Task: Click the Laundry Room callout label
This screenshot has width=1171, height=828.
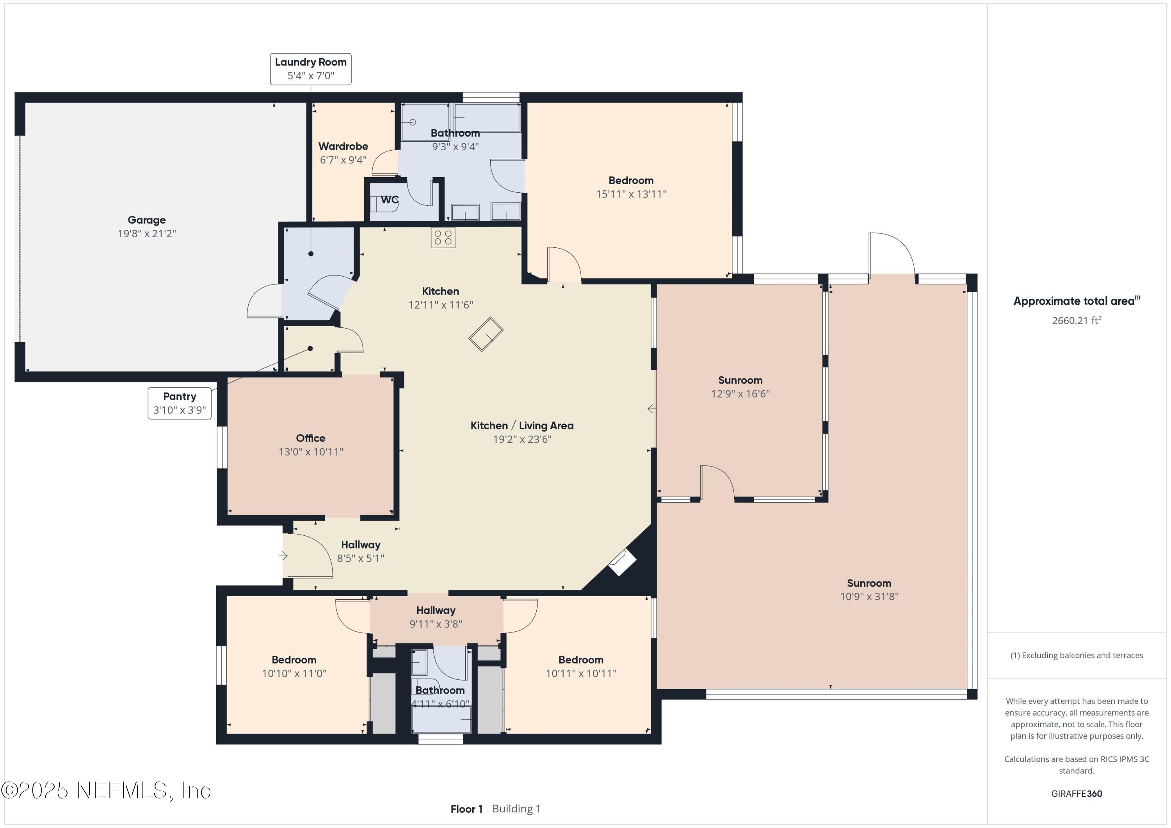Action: click(311, 69)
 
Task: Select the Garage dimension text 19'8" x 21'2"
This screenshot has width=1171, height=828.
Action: click(147, 233)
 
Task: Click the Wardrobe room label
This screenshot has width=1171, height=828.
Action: click(343, 146)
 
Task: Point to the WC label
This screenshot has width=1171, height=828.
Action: click(390, 200)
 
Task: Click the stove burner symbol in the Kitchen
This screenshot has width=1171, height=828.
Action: click(443, 238)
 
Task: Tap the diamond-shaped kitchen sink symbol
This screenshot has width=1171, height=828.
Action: click(486, 334)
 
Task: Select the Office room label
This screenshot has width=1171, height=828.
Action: click(311, 438)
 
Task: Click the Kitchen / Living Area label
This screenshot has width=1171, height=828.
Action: click(522, 426)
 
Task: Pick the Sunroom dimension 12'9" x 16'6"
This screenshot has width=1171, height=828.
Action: click(740, 394)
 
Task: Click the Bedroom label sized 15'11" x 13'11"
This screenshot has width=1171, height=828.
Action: click(631, 181)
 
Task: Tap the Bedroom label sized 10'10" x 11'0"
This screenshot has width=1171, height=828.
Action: click(294, 660)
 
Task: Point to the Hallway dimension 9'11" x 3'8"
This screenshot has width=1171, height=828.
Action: click(436, 624)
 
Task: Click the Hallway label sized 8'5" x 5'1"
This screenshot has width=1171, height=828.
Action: click(361, 545)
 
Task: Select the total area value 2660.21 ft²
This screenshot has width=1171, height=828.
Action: click(1077, 320)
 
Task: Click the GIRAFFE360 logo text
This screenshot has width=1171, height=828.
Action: click(1077, 793)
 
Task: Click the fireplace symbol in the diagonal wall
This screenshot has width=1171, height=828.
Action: click(622, 562)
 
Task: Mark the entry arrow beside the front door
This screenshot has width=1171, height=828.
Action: click(283, 556)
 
